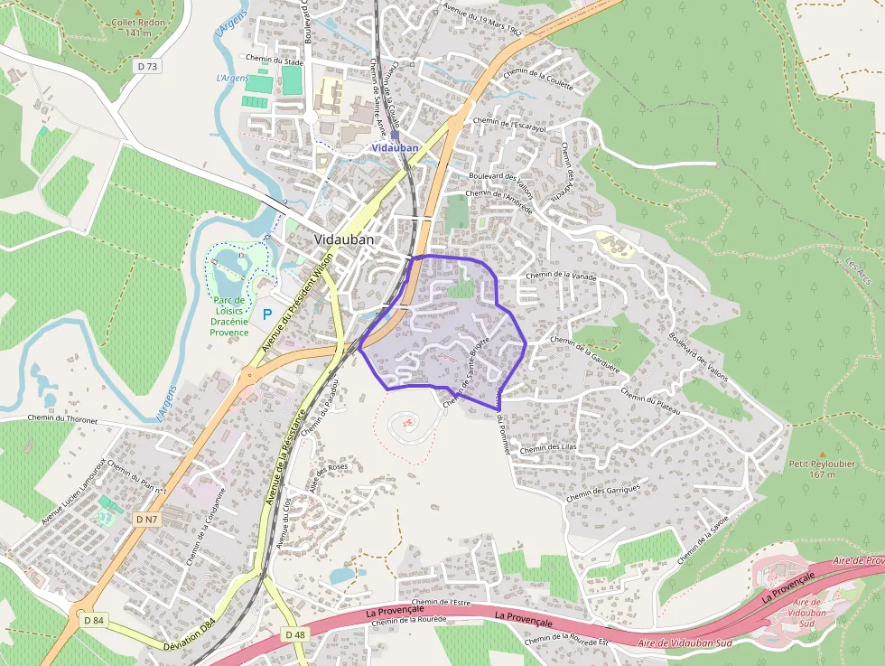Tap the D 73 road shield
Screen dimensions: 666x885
point(148,66)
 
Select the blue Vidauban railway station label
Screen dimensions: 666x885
point(395,146)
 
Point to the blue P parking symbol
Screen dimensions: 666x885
point(266,314)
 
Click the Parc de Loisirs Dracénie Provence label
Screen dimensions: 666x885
point(229,316)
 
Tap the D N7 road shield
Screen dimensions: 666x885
point(146,520)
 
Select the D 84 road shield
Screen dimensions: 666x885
point(94,620)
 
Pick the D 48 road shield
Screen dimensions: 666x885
point(295,635)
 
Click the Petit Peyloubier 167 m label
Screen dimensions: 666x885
point(809,468)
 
